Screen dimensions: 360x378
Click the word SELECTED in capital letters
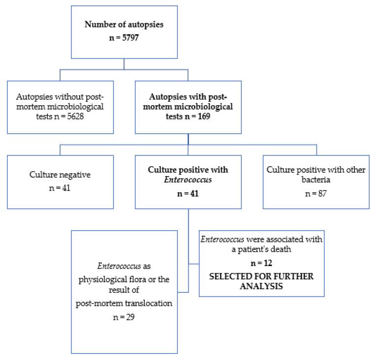(x=230, y=276)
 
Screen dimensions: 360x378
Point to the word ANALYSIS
(x=261, y=286)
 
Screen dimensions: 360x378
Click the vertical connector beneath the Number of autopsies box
(x=124, y=63)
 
